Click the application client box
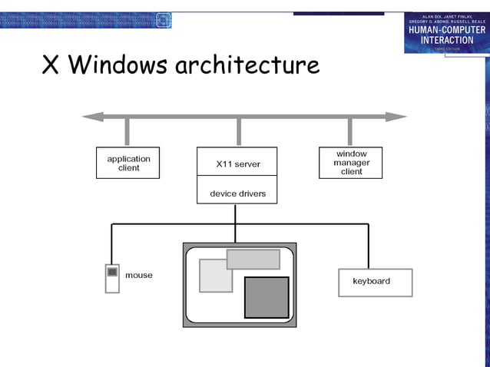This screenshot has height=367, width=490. [x=127, y=163]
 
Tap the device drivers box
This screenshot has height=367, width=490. [x=237, y=193]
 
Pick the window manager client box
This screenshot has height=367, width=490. [x=351, y=163]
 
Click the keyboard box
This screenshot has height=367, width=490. [x=375, y=282]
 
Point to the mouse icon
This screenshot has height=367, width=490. [x=112, y=278]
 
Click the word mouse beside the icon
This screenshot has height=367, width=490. [x=139, y=276]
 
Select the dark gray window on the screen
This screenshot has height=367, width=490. [x=267, y=297]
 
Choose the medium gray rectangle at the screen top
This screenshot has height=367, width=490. [x=253, y=259]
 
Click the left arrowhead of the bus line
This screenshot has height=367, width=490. [x=91, y=117]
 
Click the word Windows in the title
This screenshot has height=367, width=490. [x=118, y=65]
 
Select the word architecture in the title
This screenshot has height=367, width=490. [x=247, y=65]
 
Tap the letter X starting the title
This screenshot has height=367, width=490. [x=51, y=65]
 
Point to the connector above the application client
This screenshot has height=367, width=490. [x=127, y=132]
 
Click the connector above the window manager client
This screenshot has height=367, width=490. [x=350, y=132]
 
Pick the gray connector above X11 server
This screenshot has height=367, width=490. [x=239, y=132]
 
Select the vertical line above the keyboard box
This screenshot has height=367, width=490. [x=369, y=246]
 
